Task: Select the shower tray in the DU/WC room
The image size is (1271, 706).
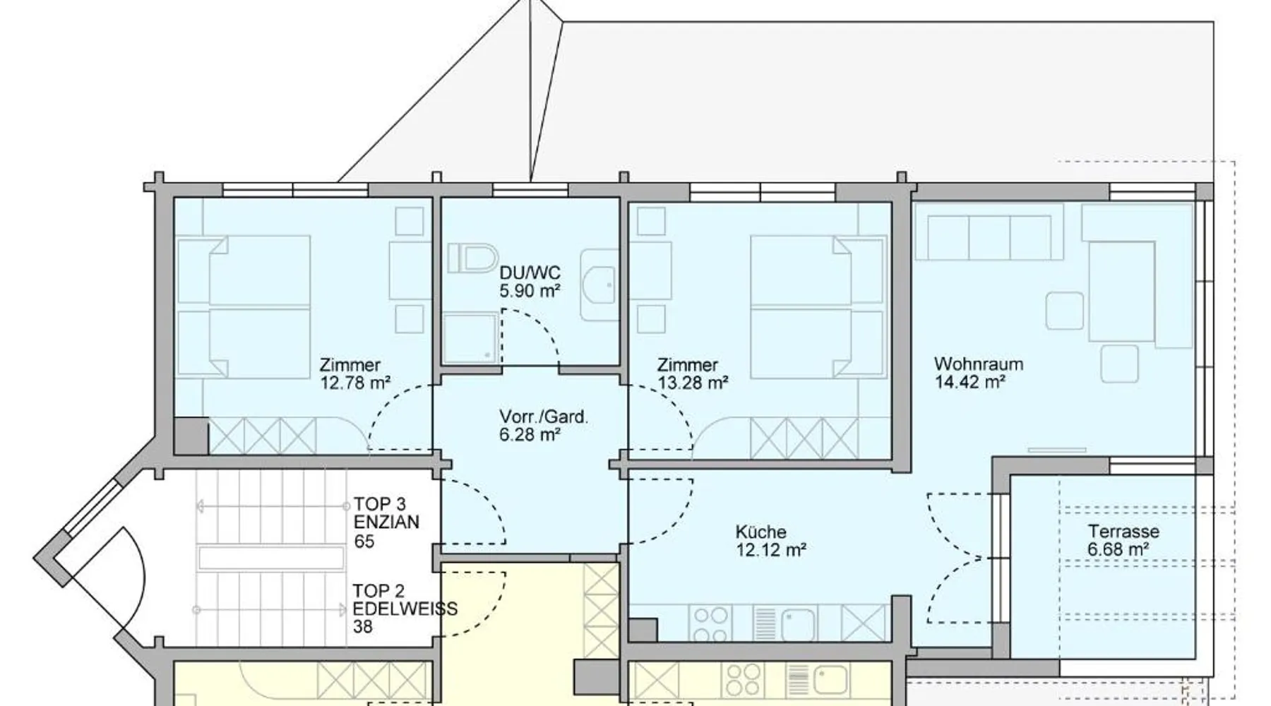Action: [x=471, y=337]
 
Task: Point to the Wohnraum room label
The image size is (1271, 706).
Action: [x=978, y=364]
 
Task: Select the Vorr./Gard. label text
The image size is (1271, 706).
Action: [x=543, y=417]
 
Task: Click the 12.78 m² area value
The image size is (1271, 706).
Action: [x=355, y=383]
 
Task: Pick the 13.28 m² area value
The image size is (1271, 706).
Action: [x=693, y=383]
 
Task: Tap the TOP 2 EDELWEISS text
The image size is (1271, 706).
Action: [x=405, y=599]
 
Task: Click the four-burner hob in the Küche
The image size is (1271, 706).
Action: [x=710, y=623]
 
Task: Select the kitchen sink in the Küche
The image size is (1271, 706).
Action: [x=785, y=623]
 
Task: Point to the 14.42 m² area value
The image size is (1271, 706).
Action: [x=969, y=383]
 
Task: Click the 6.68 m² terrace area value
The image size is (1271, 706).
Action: [x=1118, y=549]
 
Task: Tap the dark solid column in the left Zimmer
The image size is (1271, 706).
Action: [x=191, y=436]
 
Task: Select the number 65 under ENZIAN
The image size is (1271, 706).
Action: [x=364, y=542]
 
